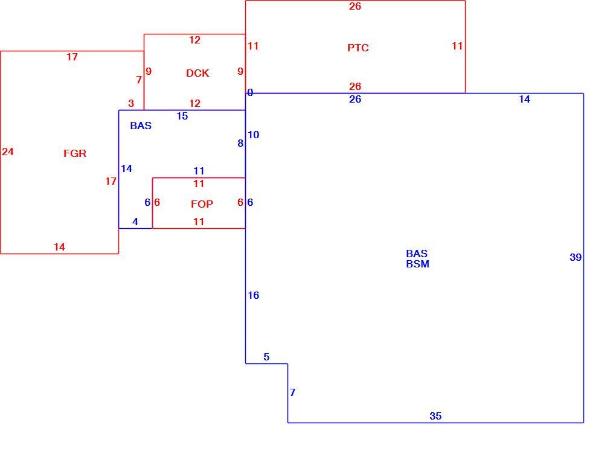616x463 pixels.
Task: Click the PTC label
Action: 358,48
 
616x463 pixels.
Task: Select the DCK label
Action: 197,73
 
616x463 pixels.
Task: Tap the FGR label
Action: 75,153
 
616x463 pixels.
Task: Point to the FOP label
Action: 202,204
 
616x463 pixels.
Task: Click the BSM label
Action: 417,264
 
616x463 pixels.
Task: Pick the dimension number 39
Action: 576,257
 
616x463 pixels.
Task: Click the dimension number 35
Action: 435,416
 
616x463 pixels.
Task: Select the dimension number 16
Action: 254,295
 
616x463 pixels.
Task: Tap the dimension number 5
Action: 266,357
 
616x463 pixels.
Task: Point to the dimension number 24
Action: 8,152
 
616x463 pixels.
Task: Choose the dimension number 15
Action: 182,116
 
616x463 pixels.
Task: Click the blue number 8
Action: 240,143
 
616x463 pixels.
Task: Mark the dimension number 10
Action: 254,135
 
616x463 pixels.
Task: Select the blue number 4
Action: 135,222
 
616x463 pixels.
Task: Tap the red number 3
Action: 131,103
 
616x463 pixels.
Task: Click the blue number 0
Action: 250,93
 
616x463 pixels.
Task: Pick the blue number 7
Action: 292,392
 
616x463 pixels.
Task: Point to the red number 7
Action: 139,80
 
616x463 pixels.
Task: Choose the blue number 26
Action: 355,99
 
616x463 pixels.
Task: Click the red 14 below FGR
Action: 59,247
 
